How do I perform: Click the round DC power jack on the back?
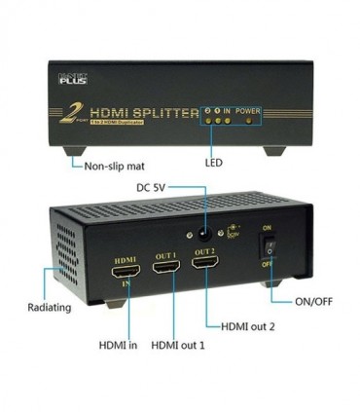tap(202, 235)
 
